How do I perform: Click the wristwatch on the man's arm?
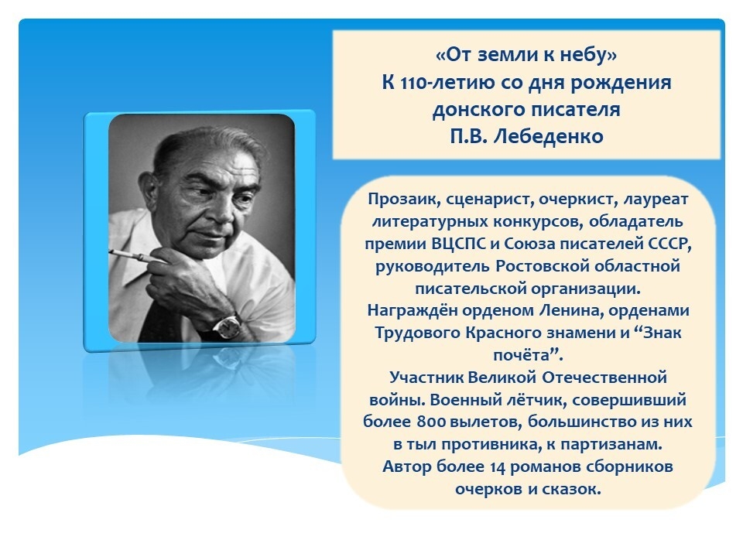(226, 326)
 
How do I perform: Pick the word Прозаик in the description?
(398, 199)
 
